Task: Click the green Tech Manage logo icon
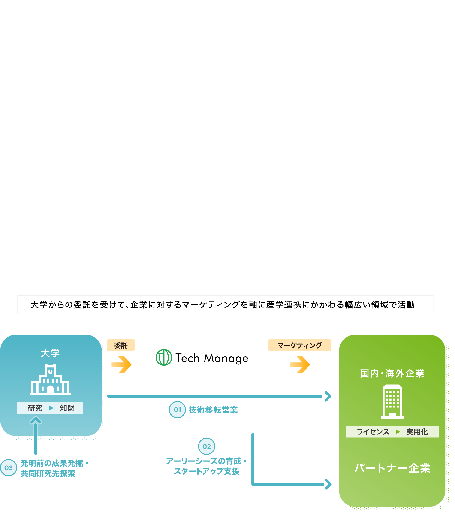(x=164, y=358)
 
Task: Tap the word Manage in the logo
(x=226, y=358)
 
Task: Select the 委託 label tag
(x=121, y=345)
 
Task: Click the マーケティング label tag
(x=299, y=345)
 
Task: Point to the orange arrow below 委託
(x=122, y=365)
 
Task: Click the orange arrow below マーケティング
(x=300, y=365)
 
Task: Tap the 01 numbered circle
(x=177, y=410)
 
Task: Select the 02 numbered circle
(x=207, y=446)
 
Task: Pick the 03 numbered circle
(x=9, y=468)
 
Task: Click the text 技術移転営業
(x=213, y=410)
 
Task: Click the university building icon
(x=50, y=380)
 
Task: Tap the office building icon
(x=392, y=401)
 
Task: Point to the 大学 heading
(x=50, y=353)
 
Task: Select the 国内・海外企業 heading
(x=392, y=373)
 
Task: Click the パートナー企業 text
(x=392, y=468)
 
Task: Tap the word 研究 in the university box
(x=35, y=408)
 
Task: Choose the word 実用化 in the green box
(x=417, y=432)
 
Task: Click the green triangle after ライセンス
(x=398, y=432)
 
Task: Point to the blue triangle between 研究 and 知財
(x=51, y=408)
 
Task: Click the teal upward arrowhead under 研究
(x=36, y=420)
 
